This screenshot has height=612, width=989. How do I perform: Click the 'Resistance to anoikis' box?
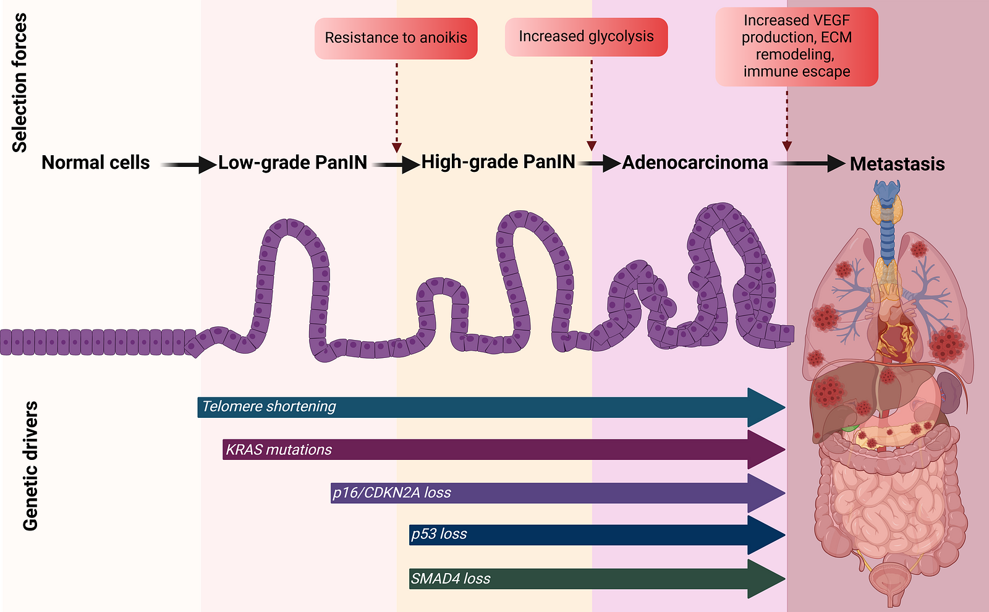point(396,38)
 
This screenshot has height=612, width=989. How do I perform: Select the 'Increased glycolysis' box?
point(586,37)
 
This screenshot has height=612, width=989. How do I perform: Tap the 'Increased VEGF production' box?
point(796,46)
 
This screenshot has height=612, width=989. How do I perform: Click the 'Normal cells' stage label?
point(95,163)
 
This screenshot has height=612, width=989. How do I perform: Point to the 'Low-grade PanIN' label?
point(292,163)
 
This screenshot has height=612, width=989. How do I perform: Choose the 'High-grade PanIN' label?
point(498,162)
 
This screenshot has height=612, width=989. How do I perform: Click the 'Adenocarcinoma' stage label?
point(695,163)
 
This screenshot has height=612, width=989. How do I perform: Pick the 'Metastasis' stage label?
point(897,164)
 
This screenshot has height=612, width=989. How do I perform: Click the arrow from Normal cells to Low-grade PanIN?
point(189,164)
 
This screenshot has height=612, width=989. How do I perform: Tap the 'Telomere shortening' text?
point(269,407)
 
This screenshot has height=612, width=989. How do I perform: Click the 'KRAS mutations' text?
point(279,450)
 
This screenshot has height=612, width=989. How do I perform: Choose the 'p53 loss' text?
point(439,534)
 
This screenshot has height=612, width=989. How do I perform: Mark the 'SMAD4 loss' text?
point(451,579)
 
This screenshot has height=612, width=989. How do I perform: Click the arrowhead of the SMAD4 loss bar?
point(766,579)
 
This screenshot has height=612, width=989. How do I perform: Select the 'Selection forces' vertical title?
point(20,83)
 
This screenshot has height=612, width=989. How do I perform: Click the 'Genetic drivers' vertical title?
point(30,466)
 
